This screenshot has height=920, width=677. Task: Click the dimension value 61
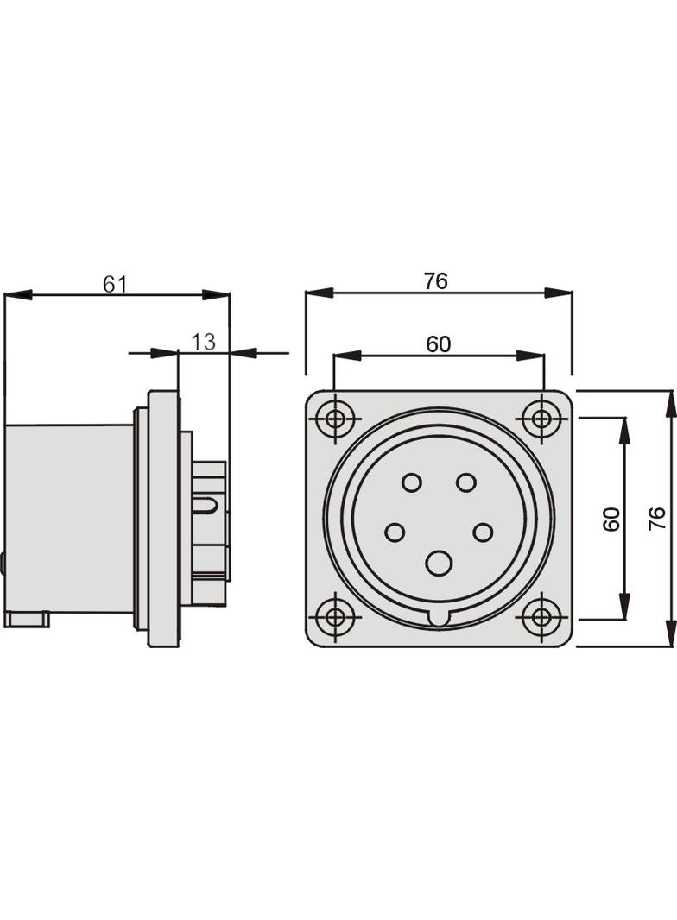pyautogui.click(x=115, y=284)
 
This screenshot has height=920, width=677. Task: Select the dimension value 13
pyautogui.click(x=203, y=342)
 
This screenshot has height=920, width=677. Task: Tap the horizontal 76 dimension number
pyautogui.click(x=436, y=281)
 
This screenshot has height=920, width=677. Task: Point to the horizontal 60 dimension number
pyautogui.click(x=438, y=343)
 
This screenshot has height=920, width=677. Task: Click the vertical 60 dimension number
pyautogui.click(x=611, y=519)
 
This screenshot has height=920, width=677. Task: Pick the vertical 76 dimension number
pyautogui.click(x=657, y=519)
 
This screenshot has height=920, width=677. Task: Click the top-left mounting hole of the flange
pyautogui.click(x=335, y=420)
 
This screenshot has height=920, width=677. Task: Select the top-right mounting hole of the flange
pyautogui.click(x=542, y=420)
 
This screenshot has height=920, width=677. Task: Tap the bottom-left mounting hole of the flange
pyautogui.click(x=335, y=617)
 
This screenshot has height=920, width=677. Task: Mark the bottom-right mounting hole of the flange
pyautogui.click(x=542, y=617)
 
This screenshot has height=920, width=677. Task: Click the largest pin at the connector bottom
pyautogui.click(x=439, y=564)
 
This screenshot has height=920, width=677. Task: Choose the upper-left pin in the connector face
pyautogui.click(x=412, y=482)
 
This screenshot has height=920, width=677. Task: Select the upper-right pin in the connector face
pyautogui.click(x=466, y=482)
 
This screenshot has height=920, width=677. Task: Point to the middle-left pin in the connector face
pyautogui.click(x=395, y=532)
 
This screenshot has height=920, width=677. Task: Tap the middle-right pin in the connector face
pyautogui.click(x=483, y=532)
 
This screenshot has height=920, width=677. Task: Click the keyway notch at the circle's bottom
pyautogui.click(x=439, y=618)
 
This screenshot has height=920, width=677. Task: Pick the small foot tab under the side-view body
pyautogui.click(x=26, y=619)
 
